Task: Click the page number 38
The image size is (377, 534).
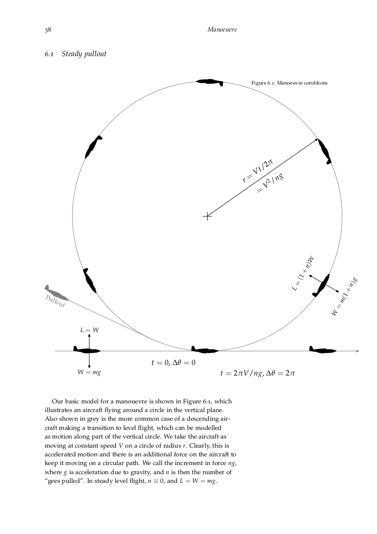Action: (x=47, y=30)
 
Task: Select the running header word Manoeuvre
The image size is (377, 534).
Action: (x=222, y=30)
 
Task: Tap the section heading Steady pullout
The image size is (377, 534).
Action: (x=84, y=54)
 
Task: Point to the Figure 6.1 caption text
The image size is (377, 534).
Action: (x=289, y=83)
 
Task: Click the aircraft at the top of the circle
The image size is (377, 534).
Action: (x=210, y=82)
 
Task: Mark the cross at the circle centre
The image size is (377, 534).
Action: (x=207, y=216)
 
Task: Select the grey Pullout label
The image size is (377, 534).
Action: (x=55, y=301)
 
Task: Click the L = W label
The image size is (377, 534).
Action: (x=89, y=329)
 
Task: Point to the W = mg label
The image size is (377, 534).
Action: (x=89, y=372)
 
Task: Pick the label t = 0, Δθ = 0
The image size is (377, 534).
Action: (x=173, y=363)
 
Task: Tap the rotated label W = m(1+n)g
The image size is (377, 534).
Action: (x=344, y=297)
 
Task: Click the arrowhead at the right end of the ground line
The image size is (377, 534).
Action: (x=357, y=351)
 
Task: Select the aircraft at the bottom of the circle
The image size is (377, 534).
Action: (x=204, y=350)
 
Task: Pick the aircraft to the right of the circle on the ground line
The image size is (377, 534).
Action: (x=322, y=350)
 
